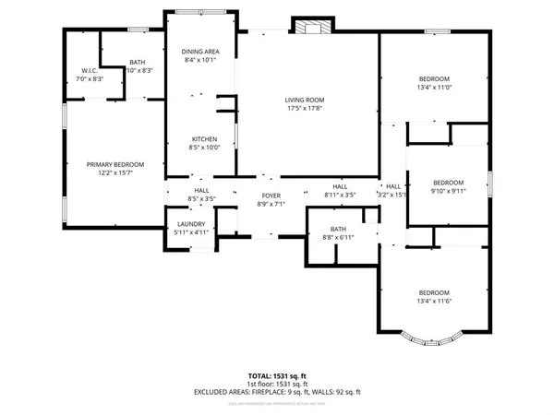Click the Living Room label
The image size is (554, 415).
309,101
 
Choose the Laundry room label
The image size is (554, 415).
191,223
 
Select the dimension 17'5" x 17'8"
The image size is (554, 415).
309,110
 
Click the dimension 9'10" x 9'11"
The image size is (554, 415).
448,191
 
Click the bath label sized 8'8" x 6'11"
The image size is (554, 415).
338,230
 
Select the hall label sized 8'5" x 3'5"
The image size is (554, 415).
201,195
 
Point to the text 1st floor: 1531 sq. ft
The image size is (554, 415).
276,384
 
